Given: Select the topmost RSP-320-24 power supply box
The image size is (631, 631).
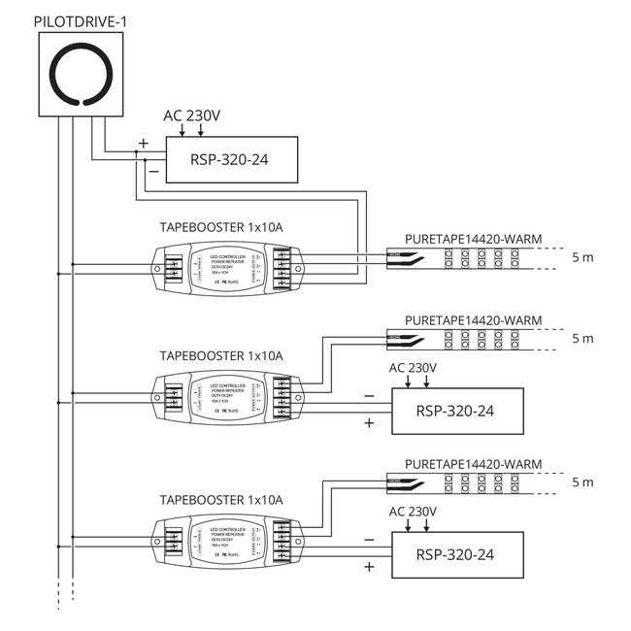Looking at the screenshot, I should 231,159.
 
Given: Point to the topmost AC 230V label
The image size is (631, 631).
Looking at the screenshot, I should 192,116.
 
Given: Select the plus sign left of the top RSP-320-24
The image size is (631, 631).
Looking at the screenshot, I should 144,142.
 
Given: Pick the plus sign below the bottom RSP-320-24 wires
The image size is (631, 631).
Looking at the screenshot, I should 369,568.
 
